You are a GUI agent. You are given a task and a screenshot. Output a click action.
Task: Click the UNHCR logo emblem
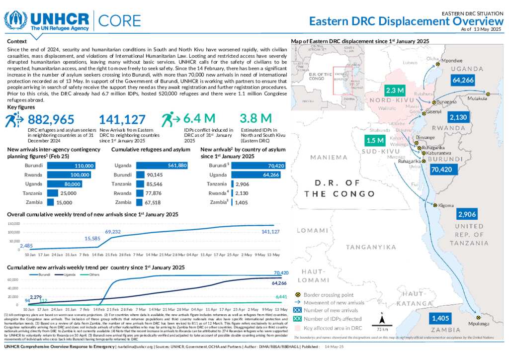[x=16, y=20]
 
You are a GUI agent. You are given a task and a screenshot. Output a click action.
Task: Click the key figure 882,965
[x=51, y=119]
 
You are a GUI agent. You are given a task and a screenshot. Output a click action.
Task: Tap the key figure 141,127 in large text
[x=122, y=119]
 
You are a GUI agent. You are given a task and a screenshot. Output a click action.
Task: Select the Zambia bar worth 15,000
[x=50, y=202]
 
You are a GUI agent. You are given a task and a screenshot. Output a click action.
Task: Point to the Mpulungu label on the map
[x=479, y=323]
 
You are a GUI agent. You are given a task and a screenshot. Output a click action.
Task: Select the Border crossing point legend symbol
[x=298, y=295]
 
